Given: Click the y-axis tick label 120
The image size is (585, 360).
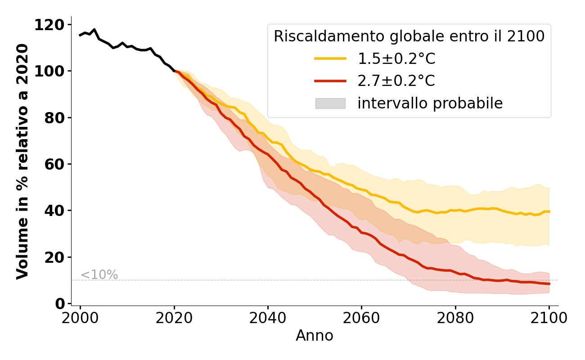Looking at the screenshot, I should (x=50, y=25).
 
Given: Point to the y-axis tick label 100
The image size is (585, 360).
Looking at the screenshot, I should (x=50, y=71).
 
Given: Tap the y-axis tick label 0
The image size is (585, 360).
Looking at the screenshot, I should (x=60, y=304).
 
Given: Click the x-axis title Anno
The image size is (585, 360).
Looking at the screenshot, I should (x=315, y=336).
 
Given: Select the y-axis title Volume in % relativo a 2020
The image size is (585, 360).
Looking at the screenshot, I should (x=22, y=161).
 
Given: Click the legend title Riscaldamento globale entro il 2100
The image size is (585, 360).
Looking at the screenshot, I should (x=409, y=36).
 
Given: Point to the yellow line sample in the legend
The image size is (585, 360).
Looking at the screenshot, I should (x=330, y=58).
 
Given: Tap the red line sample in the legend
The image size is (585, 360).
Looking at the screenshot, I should (x=330, y=81).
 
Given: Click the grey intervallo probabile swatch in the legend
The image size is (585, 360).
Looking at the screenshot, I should (x=330, y=103).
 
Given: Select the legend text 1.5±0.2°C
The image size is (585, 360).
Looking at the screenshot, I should (x=396, y=58).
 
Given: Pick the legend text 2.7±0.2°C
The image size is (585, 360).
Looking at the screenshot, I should (x=396, y=81).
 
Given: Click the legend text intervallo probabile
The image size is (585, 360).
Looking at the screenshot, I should (x=430, y=103).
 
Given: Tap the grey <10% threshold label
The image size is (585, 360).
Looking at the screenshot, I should (x=99, y=275).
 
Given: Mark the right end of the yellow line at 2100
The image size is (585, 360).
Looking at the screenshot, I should (x=549, y=211).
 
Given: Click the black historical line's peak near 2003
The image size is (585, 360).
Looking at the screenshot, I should (x=94, y=30).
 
